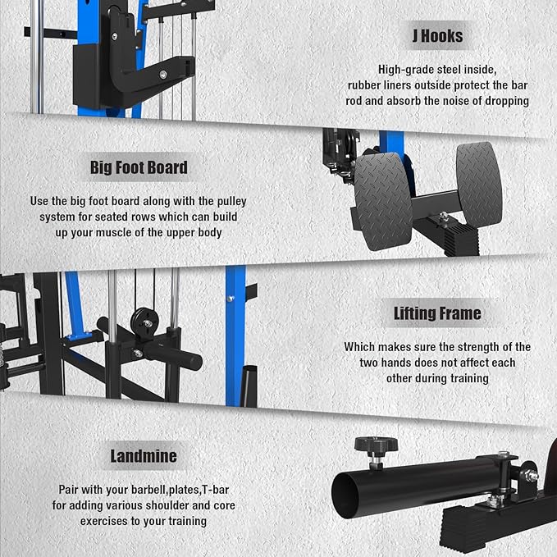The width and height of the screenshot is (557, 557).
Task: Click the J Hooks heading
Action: (437, 35)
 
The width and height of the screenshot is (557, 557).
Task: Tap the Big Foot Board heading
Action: (139, 168)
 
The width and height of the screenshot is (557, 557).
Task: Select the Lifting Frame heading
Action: (437, 313)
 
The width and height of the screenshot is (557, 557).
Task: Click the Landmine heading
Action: (144, 456)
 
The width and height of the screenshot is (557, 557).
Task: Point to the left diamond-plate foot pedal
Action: (384, 199)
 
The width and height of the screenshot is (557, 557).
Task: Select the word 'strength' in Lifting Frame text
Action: (468, 347)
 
